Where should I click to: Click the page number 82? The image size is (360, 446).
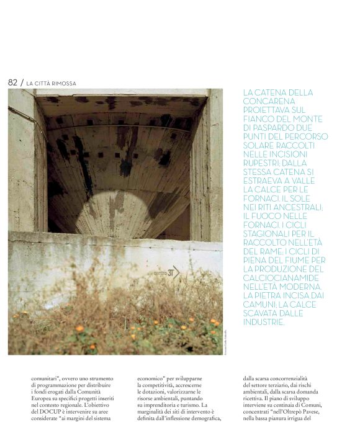[x=12, y=83]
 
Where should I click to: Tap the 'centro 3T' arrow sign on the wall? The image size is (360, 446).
[x=166, y=272]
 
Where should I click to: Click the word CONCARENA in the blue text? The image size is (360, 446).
[x=269, y=101]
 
